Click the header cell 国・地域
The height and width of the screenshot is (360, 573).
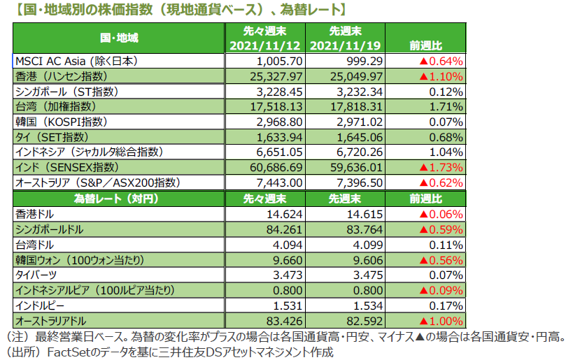click(119, 38)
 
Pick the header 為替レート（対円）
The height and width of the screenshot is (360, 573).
click(119, 199)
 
